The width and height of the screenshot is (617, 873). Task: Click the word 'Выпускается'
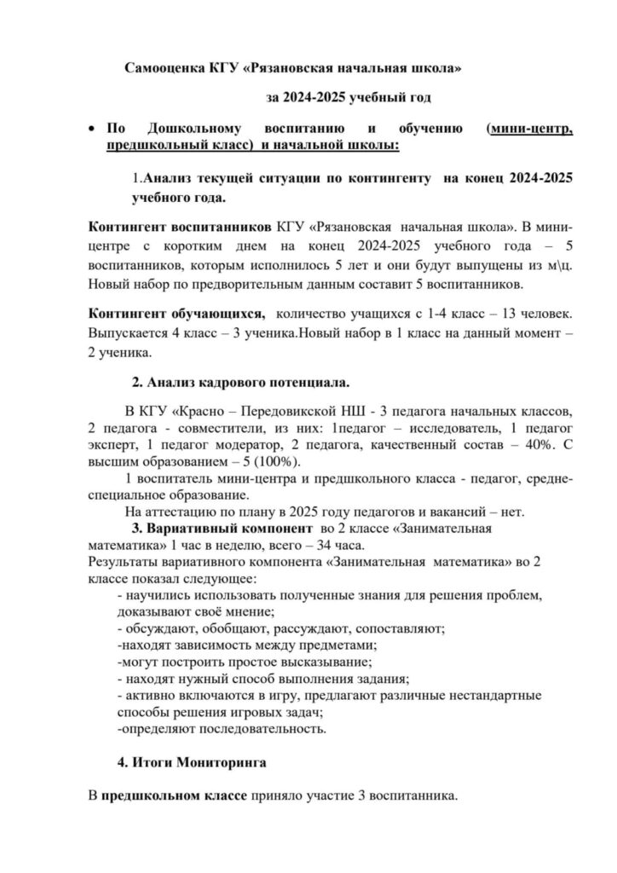coord(126,332)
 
